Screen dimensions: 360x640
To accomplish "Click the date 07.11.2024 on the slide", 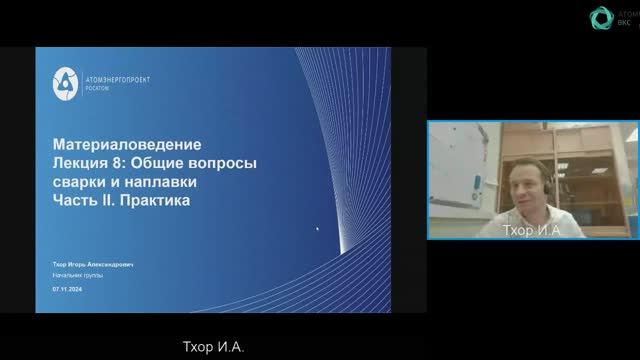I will coord(66,287).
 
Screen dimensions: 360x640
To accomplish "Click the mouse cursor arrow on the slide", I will coord(318,229).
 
